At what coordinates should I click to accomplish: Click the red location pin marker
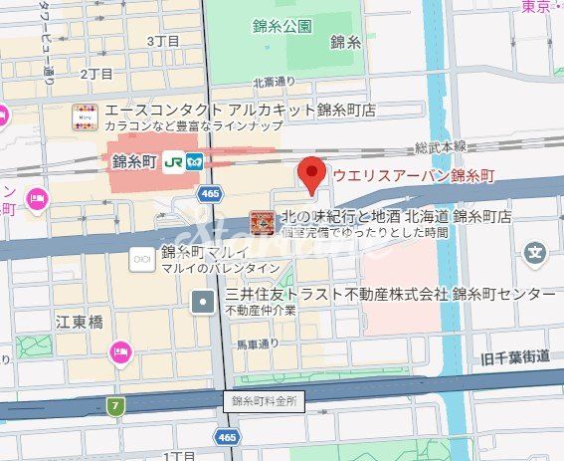point(313,174)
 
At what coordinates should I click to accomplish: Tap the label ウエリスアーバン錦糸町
point(413,176)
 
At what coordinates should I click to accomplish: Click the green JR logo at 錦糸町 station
point(174,160)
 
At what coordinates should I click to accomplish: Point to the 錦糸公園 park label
point(282,27)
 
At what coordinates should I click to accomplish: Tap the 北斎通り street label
point(275,83)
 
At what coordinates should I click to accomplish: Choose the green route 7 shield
point(117,405)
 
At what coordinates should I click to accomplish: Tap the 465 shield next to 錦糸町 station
point(209,193)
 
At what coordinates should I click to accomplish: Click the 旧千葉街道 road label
point(515,356)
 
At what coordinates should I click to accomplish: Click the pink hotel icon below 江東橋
point(121,350)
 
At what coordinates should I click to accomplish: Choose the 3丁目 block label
point(162,41)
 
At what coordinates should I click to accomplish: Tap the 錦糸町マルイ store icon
point(141,258)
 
